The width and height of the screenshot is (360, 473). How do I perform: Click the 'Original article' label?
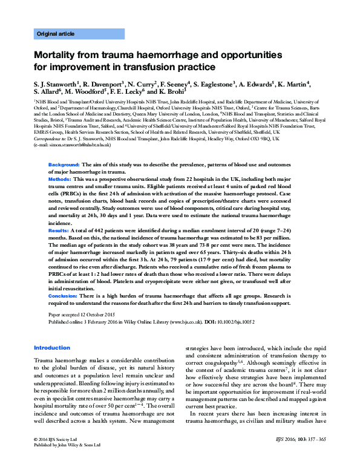coord(56,34)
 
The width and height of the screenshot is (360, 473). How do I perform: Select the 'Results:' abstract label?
coord(59,231)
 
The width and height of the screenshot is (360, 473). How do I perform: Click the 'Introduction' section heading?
coord(52,348)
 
